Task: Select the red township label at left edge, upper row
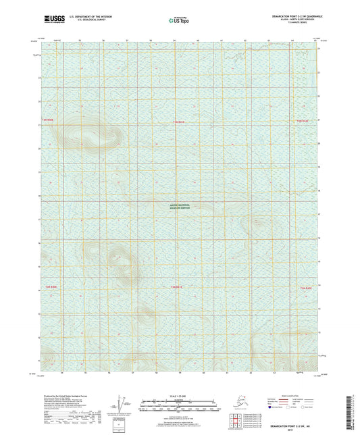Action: point(47,120)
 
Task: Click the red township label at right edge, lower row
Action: point(305,288)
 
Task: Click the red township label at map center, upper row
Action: point(178,120)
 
